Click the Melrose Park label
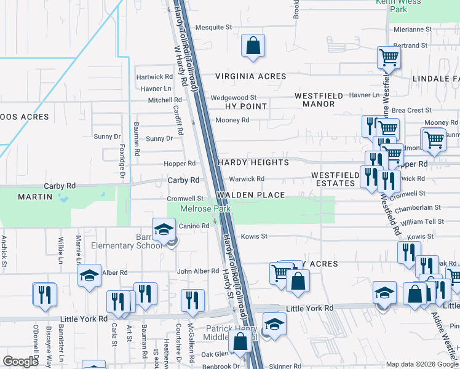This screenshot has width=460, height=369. pos(205,209)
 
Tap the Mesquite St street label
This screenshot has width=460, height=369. pos(213,28)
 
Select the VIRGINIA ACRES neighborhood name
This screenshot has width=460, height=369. pos(250,76)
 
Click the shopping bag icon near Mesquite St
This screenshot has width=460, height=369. pos(253,46)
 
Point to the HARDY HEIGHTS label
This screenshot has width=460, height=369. pos(253,162)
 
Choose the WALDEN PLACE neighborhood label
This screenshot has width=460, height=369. pos(250,195)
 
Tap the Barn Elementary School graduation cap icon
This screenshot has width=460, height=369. pos(164,231)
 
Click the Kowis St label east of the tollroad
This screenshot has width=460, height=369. pos(255,236)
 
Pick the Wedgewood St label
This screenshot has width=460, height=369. pos(233,98)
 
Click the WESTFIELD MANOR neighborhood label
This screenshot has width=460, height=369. pos(314,100)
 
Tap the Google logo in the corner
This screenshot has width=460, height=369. pos(21,362)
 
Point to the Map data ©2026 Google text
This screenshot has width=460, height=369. pos(421,364)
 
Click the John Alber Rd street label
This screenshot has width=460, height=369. pos(197,271)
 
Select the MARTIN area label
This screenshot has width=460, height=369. pos(35,196)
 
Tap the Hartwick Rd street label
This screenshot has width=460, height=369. pos(154,77)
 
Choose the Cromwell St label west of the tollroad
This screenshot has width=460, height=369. pos(185,199)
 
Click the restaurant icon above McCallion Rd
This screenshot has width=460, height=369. pos(194,300)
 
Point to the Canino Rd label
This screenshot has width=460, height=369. pos(194,226)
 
